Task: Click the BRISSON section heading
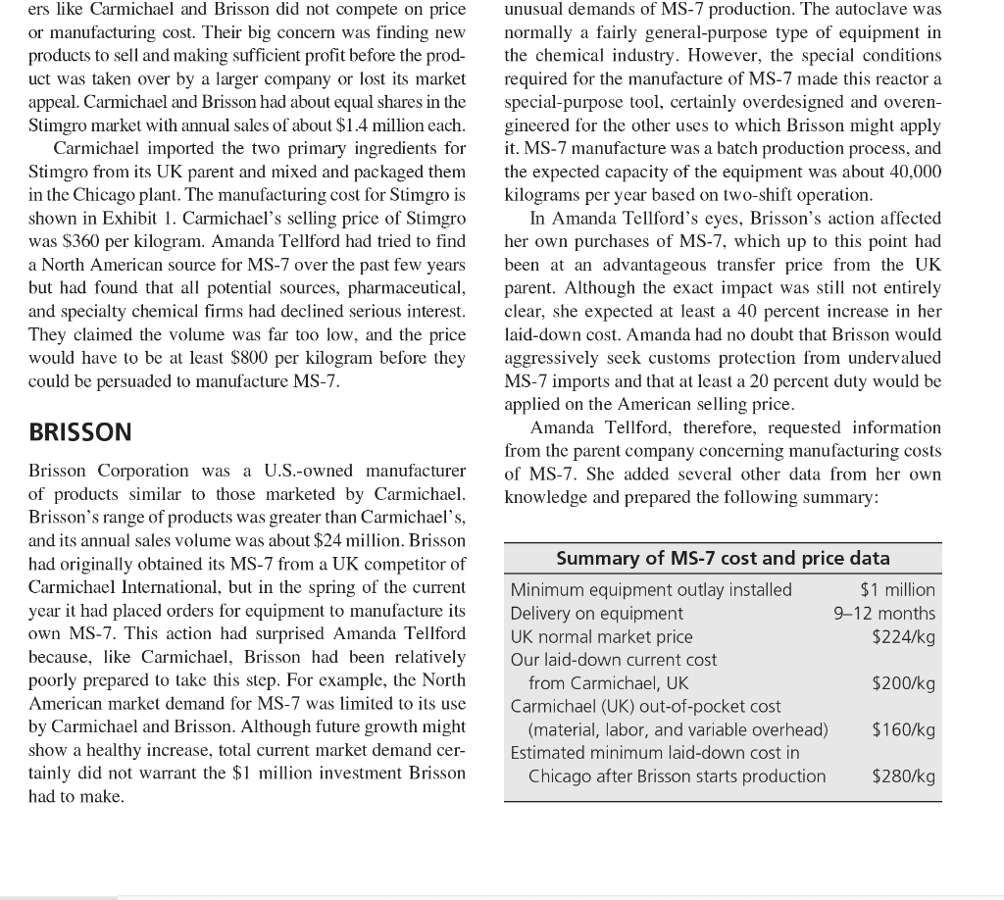pyautogui.click(x=79, y=431)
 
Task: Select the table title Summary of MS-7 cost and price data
pyautogui.click(x=723, y=558)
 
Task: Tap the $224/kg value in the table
pyautogui.click(x=903, y=636)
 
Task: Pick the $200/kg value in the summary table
pyautogui.click(x=903, y=683)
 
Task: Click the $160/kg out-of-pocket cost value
pyautogui.click(x=903, y=729)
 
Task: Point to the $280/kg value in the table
pyautogui.click(x=903, y=776)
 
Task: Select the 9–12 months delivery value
pyautogui.click(x=884, y=613)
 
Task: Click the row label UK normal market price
pyautogui.click(x=601, y=636)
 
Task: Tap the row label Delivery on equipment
pyautogui.click(x=596, y=613)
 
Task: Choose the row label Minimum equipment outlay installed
pyautogui.click(x=651, y=589)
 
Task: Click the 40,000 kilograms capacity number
pyautogui.click(x=913, y=172)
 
